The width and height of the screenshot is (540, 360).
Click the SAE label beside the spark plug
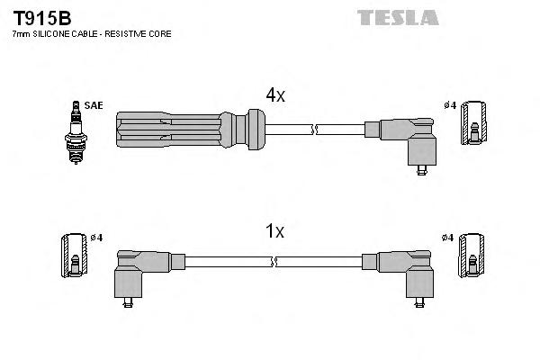94,105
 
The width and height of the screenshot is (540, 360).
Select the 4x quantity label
275,94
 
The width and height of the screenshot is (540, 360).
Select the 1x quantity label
275,231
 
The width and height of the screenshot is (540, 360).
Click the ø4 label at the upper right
451,105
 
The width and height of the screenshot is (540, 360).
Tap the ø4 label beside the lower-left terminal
96,238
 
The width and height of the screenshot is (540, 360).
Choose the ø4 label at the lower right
448,238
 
